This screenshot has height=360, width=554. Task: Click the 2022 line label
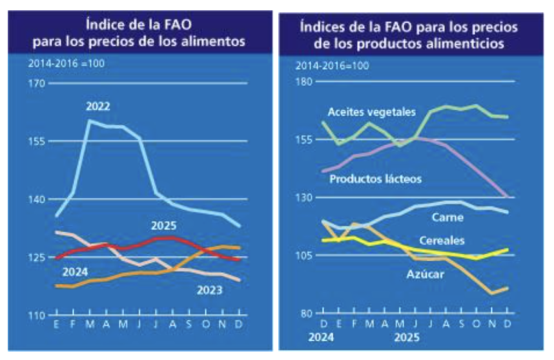click(x=98, y=106)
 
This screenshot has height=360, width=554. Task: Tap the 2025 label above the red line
click(x=165, y=226)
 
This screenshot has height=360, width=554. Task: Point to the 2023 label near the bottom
click(x=209, y=290)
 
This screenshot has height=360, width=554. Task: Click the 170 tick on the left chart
click(x=37, y=83)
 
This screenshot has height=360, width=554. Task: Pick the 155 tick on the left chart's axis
click(x=37, y=141)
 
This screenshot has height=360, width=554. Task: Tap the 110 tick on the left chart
click(x=37, y=315)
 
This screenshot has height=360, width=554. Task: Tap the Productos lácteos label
click(x=375, y=179)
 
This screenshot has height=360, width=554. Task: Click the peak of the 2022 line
click(x=89, y=121)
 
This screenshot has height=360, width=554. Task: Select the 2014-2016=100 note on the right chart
click(x=332, y=66)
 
